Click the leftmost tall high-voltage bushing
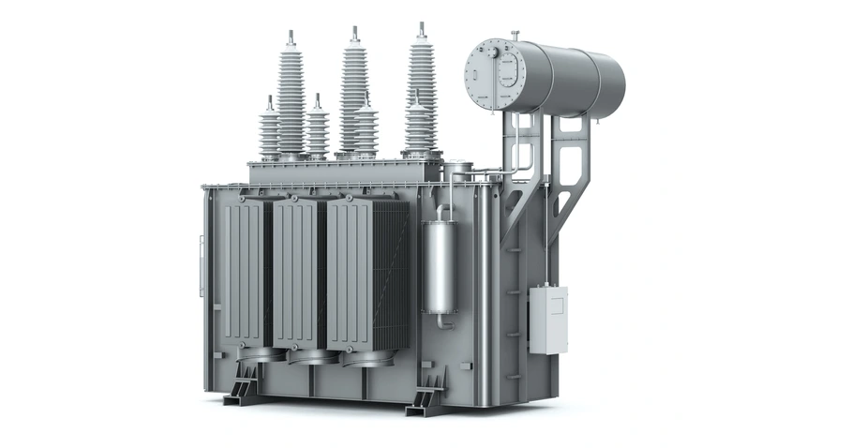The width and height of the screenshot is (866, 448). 291,98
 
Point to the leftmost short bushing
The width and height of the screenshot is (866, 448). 270,131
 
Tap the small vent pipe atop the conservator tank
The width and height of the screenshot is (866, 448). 515,36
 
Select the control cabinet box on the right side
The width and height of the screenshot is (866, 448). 547,320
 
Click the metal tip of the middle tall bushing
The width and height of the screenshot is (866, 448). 353,33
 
